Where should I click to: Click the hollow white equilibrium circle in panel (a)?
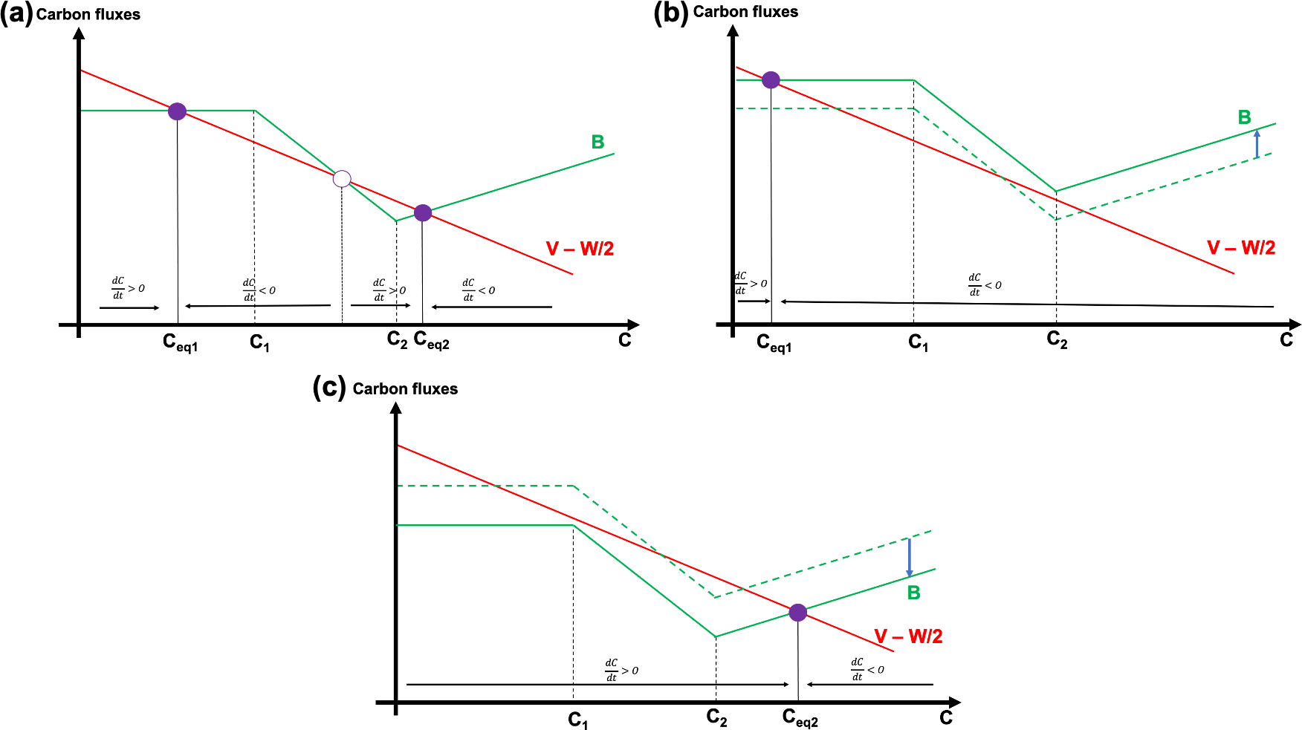click(342, 178)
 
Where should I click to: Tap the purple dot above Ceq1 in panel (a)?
click(177, 111)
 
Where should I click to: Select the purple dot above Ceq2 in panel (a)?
click(423, 213)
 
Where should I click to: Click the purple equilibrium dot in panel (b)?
click(771, 80)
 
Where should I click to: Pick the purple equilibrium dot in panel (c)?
click(797, 613)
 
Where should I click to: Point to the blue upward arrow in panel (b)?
click(1257, 144)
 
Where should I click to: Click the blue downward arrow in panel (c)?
click(909, 558)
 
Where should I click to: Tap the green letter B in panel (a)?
click(597, 142)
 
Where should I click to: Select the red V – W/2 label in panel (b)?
click(1241, 248)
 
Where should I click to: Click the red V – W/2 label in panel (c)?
click(908, 636)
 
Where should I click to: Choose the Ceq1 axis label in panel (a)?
click(181, 342)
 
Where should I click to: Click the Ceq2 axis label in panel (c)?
click(800, 718)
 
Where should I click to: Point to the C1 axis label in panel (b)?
click(919, 343)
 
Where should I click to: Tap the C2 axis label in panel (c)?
click(717, 718)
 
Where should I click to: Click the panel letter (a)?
click(16, 14)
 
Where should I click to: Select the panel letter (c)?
click(329, 388)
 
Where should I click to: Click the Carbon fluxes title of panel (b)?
click(745, 12)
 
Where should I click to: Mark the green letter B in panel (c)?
click(914, 593)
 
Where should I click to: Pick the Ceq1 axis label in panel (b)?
click(774, 343)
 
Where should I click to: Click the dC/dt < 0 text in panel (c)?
click(867, 668)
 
